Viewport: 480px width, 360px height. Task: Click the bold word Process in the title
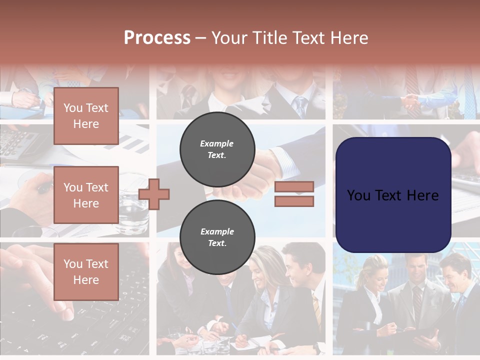pyautogui.click(x=157, y=38)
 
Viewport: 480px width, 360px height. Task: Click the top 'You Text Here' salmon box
pyautogui.click(x=86, y=116)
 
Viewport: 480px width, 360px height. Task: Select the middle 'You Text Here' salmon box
pyautogui.click(x=86, y=195)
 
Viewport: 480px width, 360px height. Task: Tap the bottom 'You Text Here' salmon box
pyautogui.click(x=86, y=271)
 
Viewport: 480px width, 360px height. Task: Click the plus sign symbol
pyautogui.click(x=154, y=194)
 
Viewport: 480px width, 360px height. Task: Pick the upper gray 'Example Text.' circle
pyautogui.click(x=217, y=149)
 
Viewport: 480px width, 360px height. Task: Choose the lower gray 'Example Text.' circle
pyautogui.click(x=217, y=237)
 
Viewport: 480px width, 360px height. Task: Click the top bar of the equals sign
pyautogui.click(x=294, y=186)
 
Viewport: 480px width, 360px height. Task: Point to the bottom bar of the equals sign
pyautogui.click(x=294, y=201)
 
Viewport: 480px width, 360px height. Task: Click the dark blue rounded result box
pyautogui.click(x=393, y=195)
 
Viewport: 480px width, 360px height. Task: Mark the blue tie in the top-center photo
pyautogui.click(x=300, y=106)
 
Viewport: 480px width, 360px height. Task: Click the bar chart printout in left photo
pyautogui.click(x=132, y=142)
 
